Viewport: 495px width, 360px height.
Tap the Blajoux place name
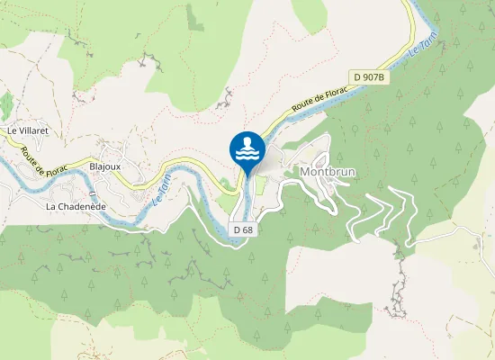pos(106,166)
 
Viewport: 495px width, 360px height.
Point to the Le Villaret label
pos(26,130)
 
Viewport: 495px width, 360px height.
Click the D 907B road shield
pos(370,77)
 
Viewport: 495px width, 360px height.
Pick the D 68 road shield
pos(242,229)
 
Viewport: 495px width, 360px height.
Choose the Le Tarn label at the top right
pos(431,44)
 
